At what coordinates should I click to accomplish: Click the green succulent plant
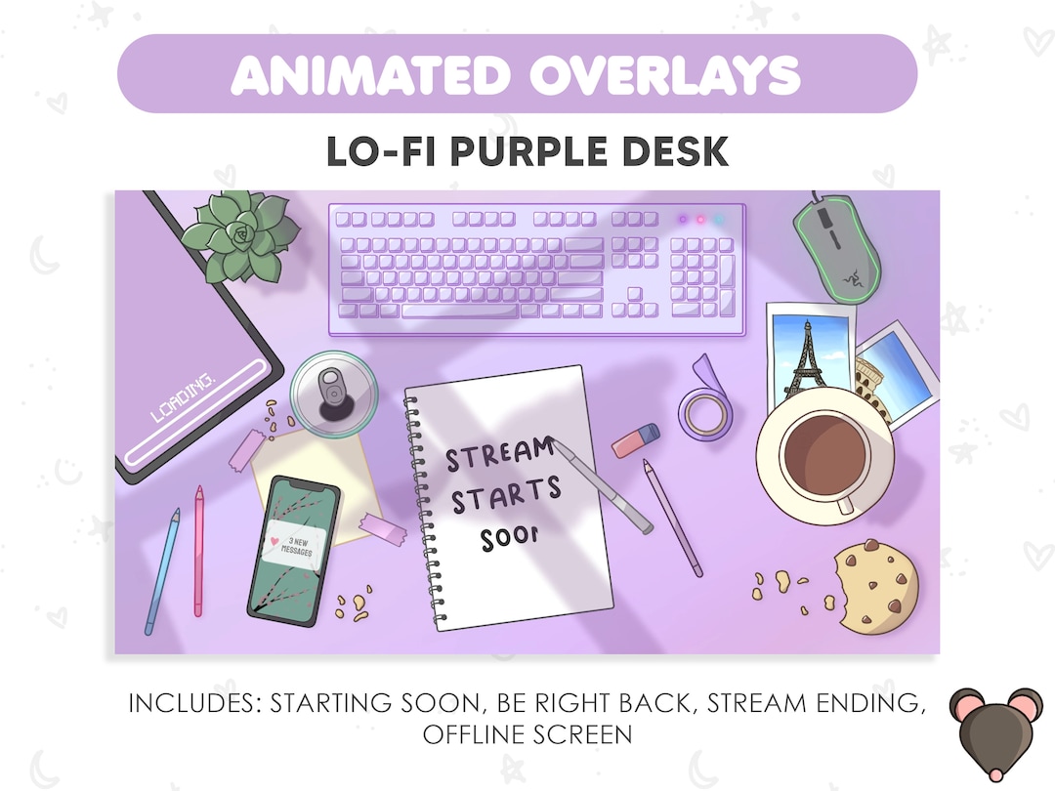pyautogui.click(x=239, y=234)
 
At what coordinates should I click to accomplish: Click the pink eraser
pyautogui.click(x=636, y=440)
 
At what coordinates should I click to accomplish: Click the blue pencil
pyautogui.click(x=162, y=571)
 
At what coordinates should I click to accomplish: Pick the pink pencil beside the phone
pyautogui.click(x=198, y=552)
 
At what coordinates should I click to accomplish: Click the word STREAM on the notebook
pyautogui.click(x=499, y=454)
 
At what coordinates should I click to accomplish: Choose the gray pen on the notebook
pyautogui.click(x=603, y=487)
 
